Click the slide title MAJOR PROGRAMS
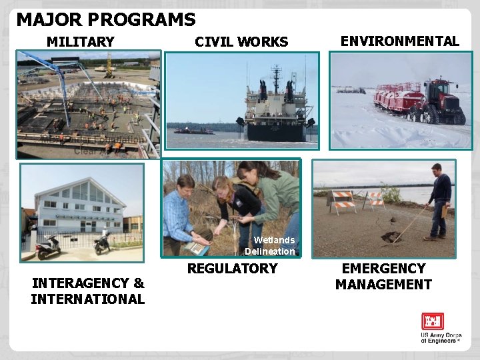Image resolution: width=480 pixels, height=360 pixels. click(x=106, y=20)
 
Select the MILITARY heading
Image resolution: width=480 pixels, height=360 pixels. click(x=81, y=42)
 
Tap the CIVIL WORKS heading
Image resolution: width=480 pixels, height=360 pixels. click(x=241, y=42)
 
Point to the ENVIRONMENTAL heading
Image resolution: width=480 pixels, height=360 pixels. click(x=399, y=41)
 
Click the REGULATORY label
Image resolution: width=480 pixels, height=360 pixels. click(x=232, y=269)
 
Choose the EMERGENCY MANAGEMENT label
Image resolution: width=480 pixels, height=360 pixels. click(x=383, y=277)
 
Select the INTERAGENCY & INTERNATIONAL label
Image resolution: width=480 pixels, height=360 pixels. click(x=87, y=291)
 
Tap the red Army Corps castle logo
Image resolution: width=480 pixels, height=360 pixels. click(x=432, y=321)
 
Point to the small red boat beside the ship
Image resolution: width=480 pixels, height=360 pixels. click(x=194, y=131)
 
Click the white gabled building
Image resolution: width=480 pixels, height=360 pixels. click(x=81, y=204)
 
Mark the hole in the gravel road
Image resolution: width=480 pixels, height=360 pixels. click(x=389, y=237)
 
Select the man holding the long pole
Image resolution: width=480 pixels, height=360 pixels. click(x=439, y=200)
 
